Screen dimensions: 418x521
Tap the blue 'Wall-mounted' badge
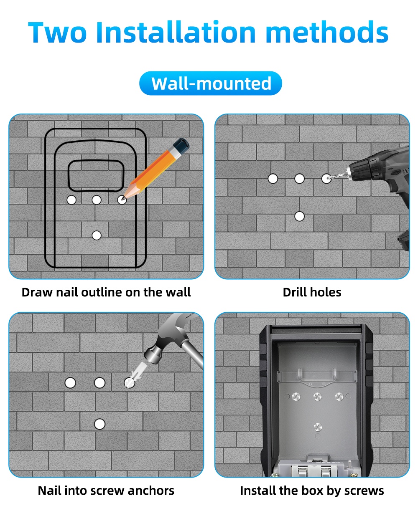tap(210, 83)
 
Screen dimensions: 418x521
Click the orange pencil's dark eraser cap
tap(181, 146)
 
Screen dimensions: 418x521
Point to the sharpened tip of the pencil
tap(124, 199)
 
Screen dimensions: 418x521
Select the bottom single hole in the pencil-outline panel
tap(97, 235)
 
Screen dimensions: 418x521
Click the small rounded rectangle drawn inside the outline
tap(96, 176)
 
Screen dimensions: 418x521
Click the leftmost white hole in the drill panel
tap(273, 179)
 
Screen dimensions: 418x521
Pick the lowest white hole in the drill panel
tap(299, 216)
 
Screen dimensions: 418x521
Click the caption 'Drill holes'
tap(312, 292)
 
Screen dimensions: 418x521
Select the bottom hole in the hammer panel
tap(99, 424)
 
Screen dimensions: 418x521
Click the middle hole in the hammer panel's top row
tap(99, 383)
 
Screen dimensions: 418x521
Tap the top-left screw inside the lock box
tap(296, 396)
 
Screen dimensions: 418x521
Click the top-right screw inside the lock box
tap(339, 396)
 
